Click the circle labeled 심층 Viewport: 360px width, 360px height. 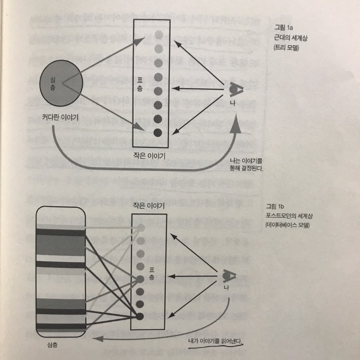(x=61, y=83)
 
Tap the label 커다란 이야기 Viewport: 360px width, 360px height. (x=61, y=118)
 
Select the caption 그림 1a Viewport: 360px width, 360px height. (x=284, y=28)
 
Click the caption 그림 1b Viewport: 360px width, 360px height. (x=275, y=206)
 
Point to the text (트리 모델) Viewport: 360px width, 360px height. (x=286, y=48)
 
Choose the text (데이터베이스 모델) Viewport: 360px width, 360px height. (x=287, y=225)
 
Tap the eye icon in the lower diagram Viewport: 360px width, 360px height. (x=229, y=276)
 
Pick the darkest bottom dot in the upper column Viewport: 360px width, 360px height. (x=158, y=133)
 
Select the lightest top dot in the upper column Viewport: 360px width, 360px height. (x=159, y=35)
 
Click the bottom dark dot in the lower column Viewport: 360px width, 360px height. (x=140, y=316)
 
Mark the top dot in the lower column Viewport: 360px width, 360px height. (x=141, y=228)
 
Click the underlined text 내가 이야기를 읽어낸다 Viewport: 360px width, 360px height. (x=215, y=341)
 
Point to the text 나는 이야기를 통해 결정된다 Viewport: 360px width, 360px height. (x=247, y=165)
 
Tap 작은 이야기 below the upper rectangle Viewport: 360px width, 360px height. (x=149, y=156)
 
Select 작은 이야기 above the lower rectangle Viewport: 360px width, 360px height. (x=149, y=206)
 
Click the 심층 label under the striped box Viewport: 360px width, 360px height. (x=52, y=345)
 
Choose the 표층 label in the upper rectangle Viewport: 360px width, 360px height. (x=140, y=84)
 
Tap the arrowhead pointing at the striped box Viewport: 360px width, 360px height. (x=98, y=339)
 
